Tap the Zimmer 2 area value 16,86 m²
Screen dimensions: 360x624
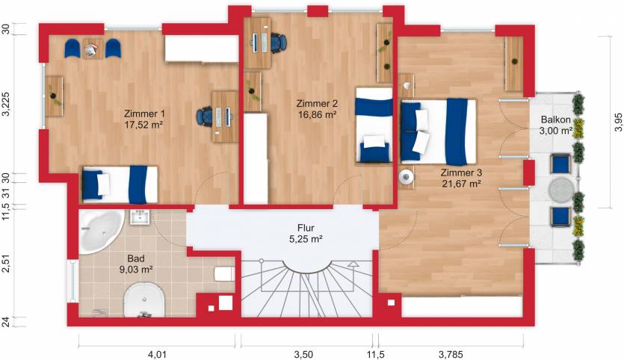click(x=317, y=116)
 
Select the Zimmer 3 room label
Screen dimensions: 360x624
click(x=461, y=172)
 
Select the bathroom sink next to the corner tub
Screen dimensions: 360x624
click(x=140, y=217)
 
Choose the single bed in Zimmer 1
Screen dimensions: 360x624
click(x=120, y=184)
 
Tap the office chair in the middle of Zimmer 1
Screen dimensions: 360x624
click(x=204, y=116)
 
